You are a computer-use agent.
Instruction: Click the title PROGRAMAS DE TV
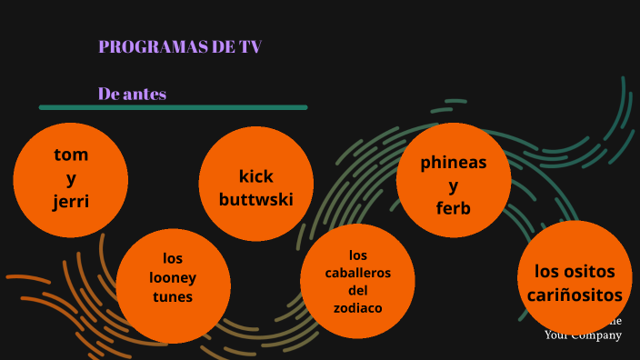pyautogui.click(x=180, y=47)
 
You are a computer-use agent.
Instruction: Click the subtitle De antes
pyautogui.click(x=132, y=94)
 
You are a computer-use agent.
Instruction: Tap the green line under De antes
pyautogui.click(x=173, y=107)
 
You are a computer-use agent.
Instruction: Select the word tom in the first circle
pyautogui.click(x=71, y=154)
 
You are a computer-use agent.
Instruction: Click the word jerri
pyautogui.click(x=71, y=201)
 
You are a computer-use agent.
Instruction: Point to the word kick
pyautogui.click(x=255, y=175)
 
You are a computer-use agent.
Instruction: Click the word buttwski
pyautogui.click(x=255, y=198)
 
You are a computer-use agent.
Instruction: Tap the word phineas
pyautogui.click(x=454, y=163)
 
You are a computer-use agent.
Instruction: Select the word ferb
pyautogui.click(x=454, y=208)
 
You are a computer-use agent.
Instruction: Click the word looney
pyautogui.click(x=173, y=277)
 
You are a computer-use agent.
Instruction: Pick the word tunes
pyautogui.click(x=173, y=296)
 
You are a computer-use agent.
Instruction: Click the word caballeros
pyautogui.click(x=357, y=273)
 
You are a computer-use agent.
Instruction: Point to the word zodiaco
pyautogui.click(x=357, y=308)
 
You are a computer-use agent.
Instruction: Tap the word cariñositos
pyautogui.click(x=575, y=295)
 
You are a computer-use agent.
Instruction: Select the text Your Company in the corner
pyautogui.click(x=583, y=335)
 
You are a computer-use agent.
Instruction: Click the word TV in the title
pyautogui.click(x=250, y=47)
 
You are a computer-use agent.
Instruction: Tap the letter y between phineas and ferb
pyautogui.click(x=454, y=185)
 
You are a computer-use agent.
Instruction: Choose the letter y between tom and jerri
pyautogui.click(x=71, y=177)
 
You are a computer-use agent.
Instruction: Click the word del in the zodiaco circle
pyautogui.click(x=357, y=291)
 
